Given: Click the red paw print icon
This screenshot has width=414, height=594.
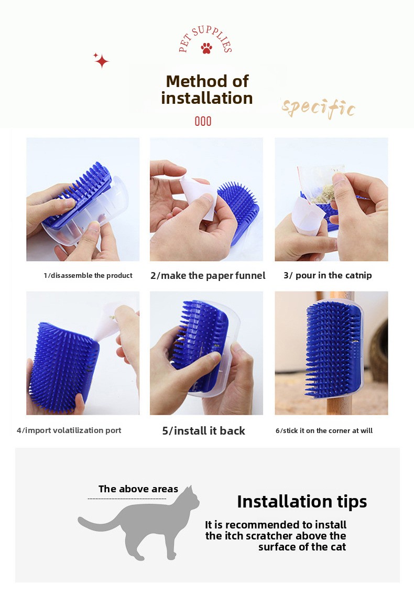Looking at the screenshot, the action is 206,48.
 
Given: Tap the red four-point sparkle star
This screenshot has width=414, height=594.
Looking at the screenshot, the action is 101,61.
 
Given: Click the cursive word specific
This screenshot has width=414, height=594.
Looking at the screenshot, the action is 318,109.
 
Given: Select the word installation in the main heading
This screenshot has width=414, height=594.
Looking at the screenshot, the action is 207,98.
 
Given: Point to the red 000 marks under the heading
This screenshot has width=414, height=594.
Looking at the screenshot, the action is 203,121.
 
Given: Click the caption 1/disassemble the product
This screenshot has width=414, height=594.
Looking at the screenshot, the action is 88,275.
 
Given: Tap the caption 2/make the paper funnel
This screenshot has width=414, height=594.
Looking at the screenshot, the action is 208,276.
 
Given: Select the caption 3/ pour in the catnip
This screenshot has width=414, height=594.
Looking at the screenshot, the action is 328,275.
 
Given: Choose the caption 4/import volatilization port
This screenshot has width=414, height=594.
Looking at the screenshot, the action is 69,430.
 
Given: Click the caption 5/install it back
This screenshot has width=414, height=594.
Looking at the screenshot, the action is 204,431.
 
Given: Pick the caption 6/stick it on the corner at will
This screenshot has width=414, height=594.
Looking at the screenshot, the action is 324,431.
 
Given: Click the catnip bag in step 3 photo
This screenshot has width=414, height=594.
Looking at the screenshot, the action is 320,186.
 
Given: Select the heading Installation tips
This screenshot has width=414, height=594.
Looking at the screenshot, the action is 302,502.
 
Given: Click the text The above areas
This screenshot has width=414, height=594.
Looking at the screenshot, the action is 138,489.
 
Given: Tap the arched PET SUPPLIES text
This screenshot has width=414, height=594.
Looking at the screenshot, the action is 205,38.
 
